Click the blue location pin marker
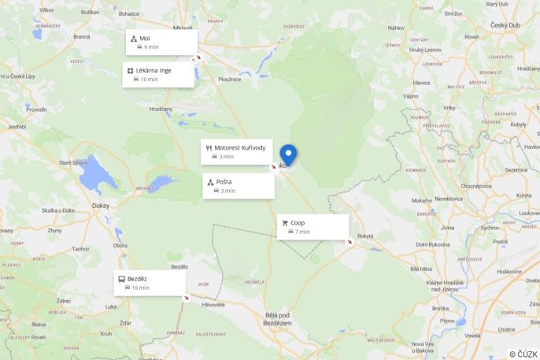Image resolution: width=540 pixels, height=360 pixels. (288, 154)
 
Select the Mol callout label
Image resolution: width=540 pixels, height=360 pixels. (161, 42)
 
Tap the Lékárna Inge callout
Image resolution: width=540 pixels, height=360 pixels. (158, 74)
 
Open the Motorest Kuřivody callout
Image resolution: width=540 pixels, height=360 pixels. (237, 151)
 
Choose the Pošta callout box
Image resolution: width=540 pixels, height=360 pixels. (238, 186)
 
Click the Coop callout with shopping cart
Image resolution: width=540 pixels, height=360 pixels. (313, 227)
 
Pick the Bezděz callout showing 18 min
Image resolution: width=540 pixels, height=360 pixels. (150, 283)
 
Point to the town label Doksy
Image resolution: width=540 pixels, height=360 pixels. (101, 205)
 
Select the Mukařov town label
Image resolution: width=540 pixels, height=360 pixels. (422, 200)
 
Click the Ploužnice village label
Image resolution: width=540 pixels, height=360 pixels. (230, 79)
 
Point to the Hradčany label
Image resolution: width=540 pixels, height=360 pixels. (161, 109)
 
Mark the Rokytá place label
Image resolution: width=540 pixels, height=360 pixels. (365, 236)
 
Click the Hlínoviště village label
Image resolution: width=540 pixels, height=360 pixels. (213, 304)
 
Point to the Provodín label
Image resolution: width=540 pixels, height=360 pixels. (36, 109)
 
